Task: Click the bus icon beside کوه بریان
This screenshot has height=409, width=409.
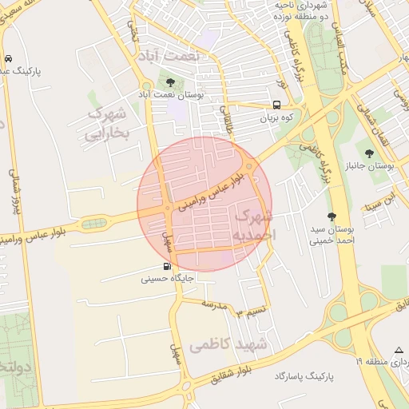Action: point(276,105)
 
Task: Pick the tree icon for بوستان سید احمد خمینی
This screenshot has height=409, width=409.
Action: point(332,216)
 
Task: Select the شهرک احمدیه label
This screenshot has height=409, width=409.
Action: point(253,224)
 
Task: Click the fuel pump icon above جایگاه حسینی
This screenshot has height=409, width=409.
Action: point(166,266)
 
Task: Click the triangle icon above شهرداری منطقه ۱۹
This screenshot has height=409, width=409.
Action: point(399,350)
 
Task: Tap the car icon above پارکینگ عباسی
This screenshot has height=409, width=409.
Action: point(8,58)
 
